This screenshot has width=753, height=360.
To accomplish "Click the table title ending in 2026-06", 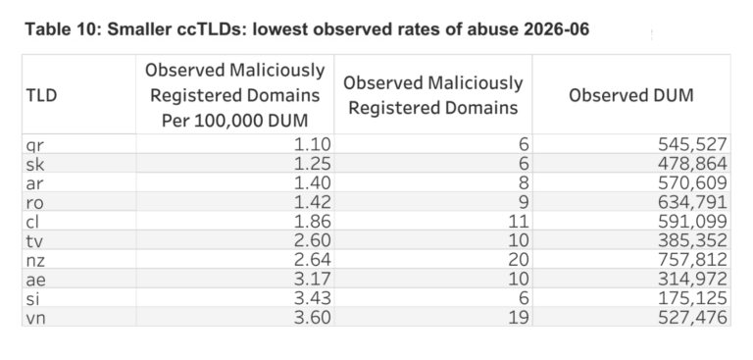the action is coord(307,29).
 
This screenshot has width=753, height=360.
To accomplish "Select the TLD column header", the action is coord(41,95).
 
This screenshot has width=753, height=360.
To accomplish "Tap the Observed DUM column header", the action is coord(631,95).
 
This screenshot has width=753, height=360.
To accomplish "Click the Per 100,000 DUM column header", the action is coord(235,95).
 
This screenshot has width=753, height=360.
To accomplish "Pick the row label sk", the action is coord(35,164).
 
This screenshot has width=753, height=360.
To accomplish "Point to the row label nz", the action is coord(35,260).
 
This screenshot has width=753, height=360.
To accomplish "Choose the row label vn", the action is coord(35,318).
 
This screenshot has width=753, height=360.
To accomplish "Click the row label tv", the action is coord(34,240).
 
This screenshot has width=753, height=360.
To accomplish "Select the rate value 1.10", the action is coord(312,144).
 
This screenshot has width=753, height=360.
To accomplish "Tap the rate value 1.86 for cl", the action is coord(312,221).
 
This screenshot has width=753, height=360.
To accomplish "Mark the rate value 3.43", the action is coord(312,298).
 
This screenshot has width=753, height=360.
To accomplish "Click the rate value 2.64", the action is coord(312,260).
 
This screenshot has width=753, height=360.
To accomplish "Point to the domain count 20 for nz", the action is coord(518,260).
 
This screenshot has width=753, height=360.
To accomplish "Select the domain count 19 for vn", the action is coord(518,317).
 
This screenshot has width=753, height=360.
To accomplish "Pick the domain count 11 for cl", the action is coord(519,221).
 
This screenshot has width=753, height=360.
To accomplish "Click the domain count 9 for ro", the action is coord(524,202).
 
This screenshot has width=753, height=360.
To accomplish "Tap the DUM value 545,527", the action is coord(692,144).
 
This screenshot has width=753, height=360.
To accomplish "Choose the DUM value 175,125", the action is coord(692,298).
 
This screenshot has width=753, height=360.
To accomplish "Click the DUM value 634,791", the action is coord(692,202).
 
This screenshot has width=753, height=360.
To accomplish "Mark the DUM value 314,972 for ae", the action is coord(692,279).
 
